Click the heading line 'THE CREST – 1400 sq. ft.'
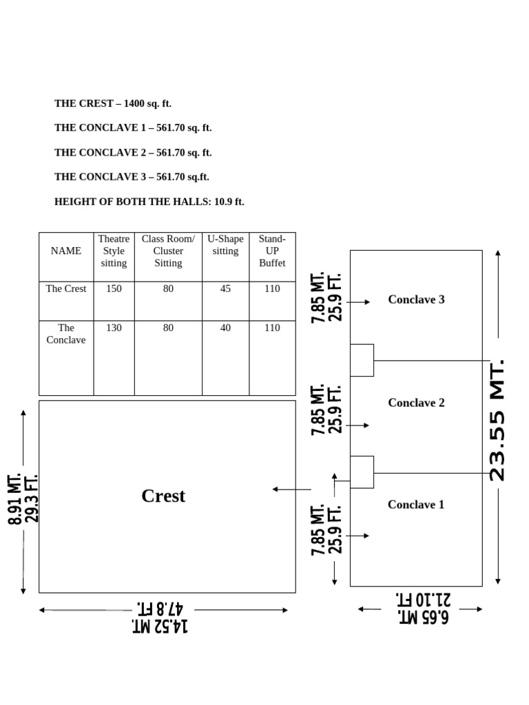[x=113, y=104]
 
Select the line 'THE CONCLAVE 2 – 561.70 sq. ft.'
[x=133, y=153]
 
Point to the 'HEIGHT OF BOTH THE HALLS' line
[x=149, y=202]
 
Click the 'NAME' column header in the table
[x=66, y=251]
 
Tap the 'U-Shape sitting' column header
[x=225, y=245]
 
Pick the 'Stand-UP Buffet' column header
[x=272, y=251]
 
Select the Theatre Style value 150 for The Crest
[x=114, y=289]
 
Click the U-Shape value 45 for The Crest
[x=225, y=289]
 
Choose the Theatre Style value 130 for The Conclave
[x=114, y=328]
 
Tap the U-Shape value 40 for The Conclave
[x=225, y=328]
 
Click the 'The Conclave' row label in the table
[x=66, y=334]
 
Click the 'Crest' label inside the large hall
[x=163, y=496]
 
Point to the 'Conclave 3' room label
[x=416, y=299]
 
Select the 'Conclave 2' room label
[x=416, y=403]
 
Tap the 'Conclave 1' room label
[x=416, y=505]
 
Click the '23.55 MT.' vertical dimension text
[x=497, y=419]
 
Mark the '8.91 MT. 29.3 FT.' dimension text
[x=23, y=498]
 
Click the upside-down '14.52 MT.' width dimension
[x=160, y=626]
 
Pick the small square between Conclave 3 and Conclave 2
[x=362, y=360]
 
